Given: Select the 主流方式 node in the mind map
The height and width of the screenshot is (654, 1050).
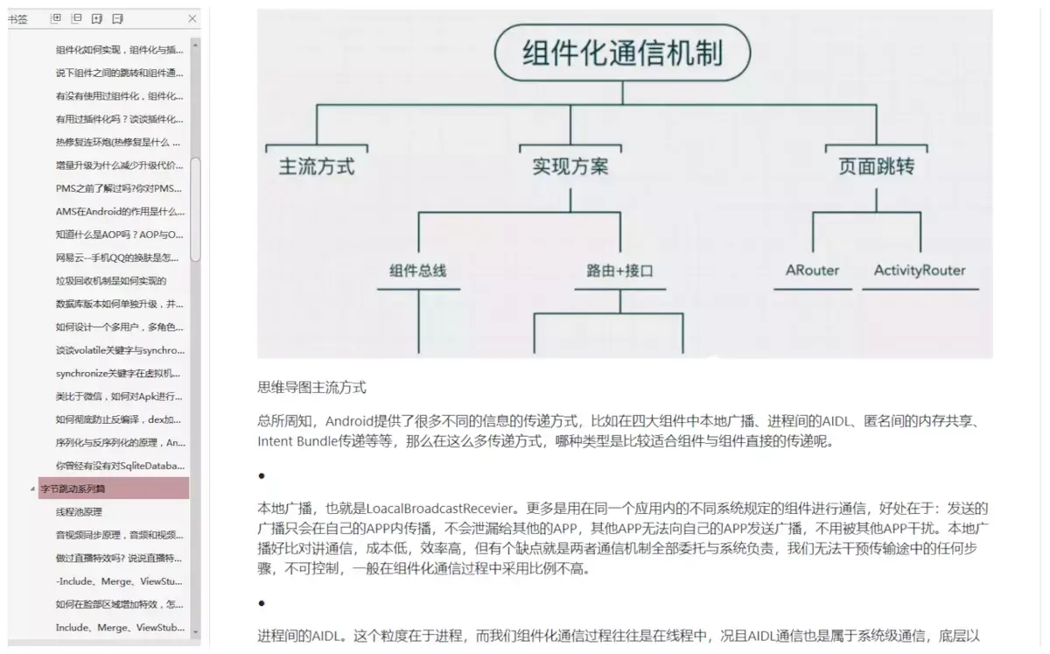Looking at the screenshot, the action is pos(317,166).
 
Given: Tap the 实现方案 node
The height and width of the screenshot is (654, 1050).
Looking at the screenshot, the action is pos(570,166).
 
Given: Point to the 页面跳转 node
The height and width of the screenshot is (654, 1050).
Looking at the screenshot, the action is pos(876,166).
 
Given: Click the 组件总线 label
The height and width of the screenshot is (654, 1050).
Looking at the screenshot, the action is pos(417,271).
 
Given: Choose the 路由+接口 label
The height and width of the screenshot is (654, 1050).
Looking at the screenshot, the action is pos(619,271).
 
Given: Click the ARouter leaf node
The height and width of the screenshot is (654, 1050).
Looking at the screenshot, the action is pos(812,271).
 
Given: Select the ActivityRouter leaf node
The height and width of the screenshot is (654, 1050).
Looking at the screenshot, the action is pos(920,271).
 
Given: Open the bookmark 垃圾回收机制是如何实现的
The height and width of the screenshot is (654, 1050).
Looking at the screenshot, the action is pos(111,281).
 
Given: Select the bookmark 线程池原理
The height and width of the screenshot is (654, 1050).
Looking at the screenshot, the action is pos(79,511).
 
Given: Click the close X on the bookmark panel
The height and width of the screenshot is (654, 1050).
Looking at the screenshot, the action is pos(192,18).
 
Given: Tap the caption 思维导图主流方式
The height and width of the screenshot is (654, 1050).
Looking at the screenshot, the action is pos(311,386).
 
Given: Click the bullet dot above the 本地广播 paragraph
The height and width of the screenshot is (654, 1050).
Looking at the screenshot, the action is pos(262,475).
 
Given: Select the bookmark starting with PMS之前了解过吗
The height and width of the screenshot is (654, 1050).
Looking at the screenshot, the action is pos(119,188).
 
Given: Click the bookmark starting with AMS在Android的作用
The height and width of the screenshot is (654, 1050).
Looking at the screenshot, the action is pos(120,211).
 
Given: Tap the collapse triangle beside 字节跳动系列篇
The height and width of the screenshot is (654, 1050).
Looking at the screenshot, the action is pos(33,489).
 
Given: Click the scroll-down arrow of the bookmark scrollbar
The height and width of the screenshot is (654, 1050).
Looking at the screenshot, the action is pos(195,631).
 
